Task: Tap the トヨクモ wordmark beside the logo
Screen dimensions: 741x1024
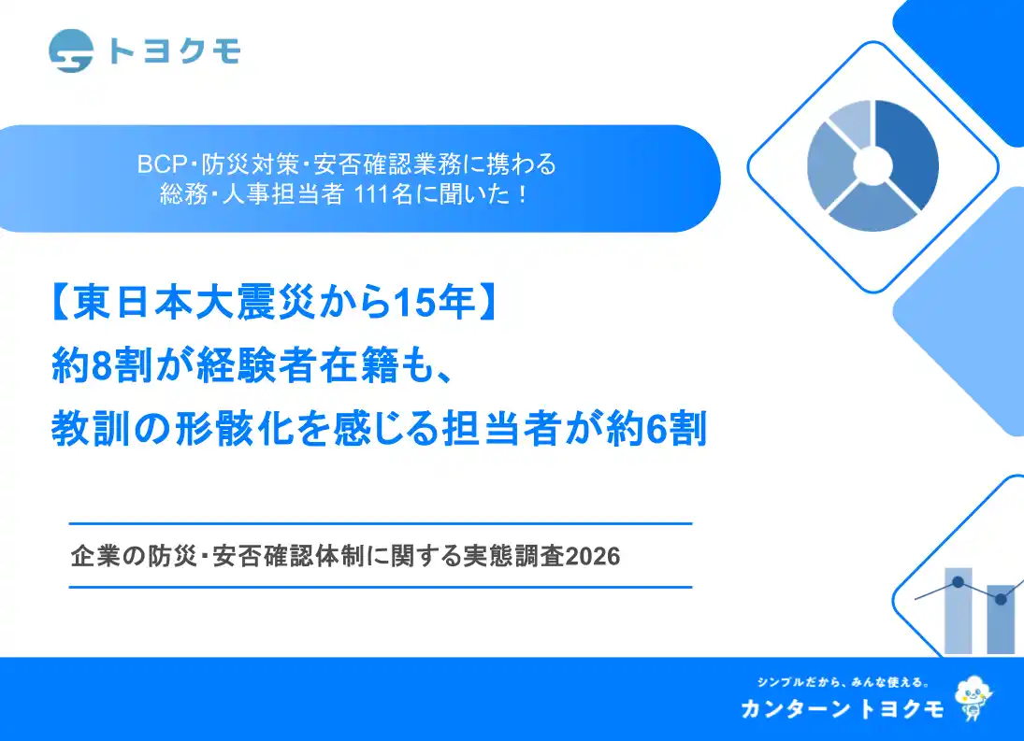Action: point(174,50)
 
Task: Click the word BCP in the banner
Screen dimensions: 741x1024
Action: point(157,164)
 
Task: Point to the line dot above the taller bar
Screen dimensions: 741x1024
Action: point(958,581)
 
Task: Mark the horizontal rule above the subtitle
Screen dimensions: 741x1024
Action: point(381,524)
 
